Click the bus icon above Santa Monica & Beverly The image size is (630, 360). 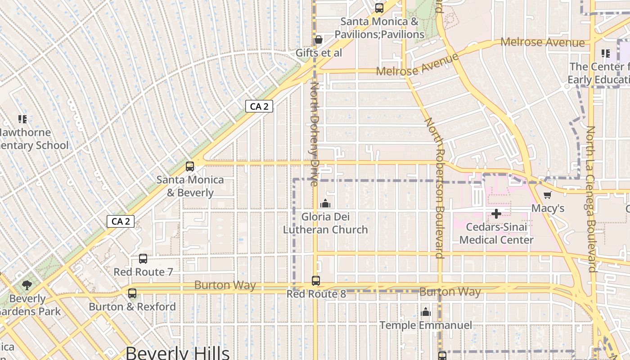[x=190, y=166]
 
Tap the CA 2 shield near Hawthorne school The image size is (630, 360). [x=259, y=107]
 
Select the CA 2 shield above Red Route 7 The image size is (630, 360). [x=121, y=221]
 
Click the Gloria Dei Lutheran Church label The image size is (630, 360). [x=325, y=223]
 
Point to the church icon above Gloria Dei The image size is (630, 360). [x=325, y=204]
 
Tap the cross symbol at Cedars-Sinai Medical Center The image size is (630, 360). [x=496, y=214]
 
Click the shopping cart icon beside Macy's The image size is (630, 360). [x=547, y=195]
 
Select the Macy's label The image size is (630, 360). [x=548, y=208]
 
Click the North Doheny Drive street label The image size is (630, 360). [x=314, y=134]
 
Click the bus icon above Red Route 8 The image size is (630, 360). [x=316, y=281]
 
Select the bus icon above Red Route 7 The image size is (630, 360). [x=143, y=259]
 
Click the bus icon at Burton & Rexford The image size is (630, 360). [x=132, y=293]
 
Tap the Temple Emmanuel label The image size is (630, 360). [x=426, y=325]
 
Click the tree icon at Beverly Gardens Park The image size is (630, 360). [x=27, y=285]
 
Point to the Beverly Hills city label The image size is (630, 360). [x=177, y=352]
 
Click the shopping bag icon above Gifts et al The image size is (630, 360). [x=319, y=40]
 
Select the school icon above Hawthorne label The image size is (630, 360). [x=22, y=119]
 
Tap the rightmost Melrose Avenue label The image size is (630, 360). [x=543, y=42]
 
